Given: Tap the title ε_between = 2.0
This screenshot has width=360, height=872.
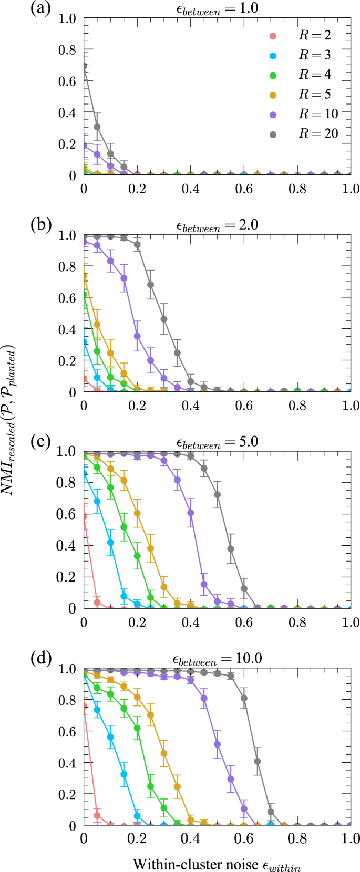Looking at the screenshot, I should coord(217,225).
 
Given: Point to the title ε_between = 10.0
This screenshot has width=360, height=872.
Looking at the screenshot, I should coord(217,658).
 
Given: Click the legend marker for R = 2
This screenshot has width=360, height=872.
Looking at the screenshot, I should coord(272,36).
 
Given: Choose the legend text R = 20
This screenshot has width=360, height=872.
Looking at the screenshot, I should coord(318,134).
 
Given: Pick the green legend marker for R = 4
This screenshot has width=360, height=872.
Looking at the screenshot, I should coord(272,75).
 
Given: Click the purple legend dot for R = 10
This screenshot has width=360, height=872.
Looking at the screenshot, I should coord(272,115).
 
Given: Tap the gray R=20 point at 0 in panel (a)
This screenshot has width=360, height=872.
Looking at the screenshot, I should coord(84,66).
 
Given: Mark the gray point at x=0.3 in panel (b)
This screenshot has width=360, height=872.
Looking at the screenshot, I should coord(164,319).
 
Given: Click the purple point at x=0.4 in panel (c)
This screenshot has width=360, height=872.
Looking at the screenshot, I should coord(191,513).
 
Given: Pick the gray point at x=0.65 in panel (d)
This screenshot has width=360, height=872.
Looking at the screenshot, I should coord(258,761).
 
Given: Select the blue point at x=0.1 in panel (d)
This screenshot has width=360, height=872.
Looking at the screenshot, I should coord(110,737).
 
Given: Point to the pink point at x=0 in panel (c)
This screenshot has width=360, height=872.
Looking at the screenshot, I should coord(84,517).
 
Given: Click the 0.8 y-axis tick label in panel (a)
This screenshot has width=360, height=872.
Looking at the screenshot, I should coord(67,50).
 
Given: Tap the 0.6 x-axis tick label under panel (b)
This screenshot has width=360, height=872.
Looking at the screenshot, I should coord(244,406).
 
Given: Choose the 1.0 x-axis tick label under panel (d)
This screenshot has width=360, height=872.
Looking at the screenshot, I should coord(351,839).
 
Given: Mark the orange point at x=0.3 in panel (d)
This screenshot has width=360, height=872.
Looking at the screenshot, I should coord(164,753).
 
